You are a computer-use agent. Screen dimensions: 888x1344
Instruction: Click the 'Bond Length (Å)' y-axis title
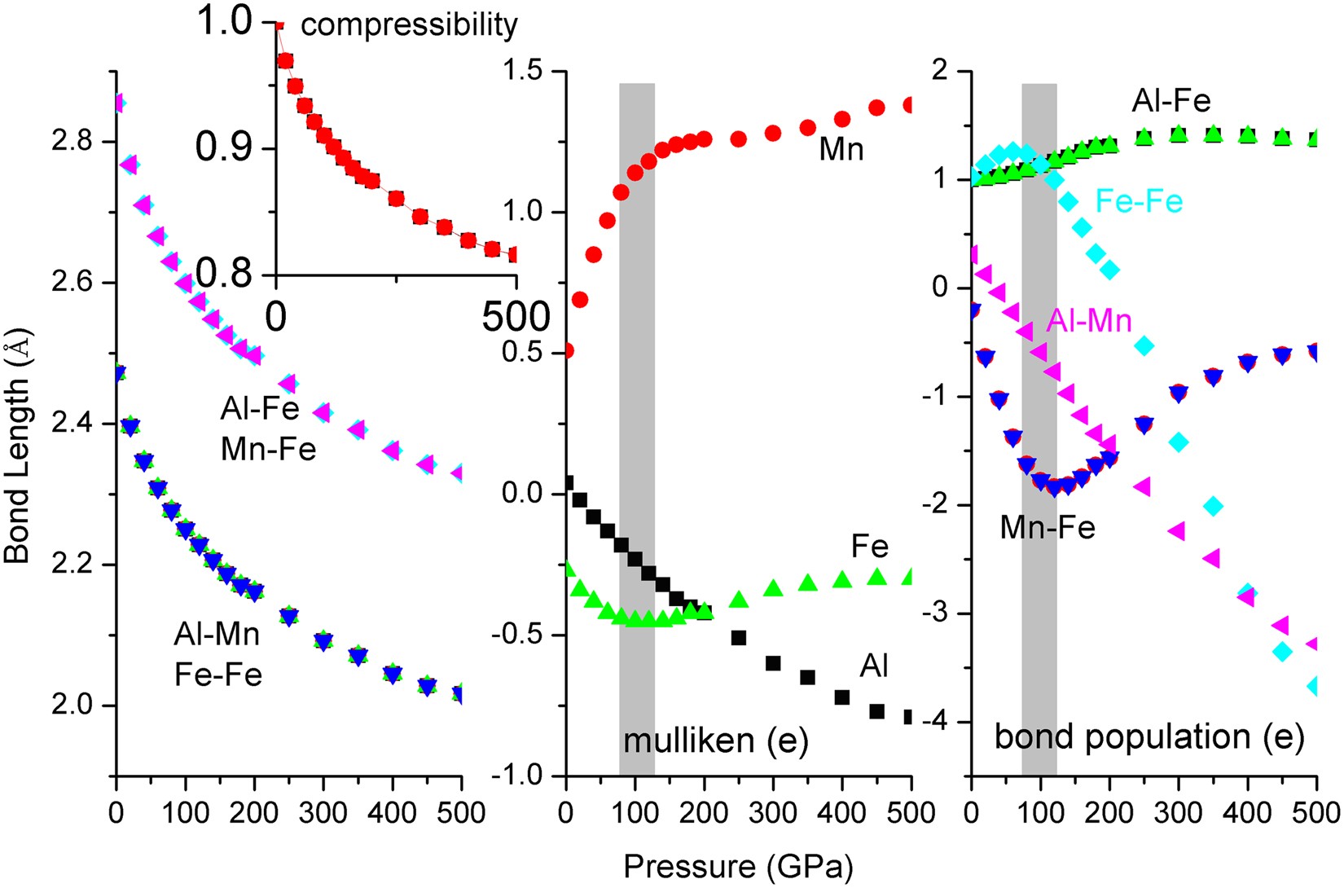pyautogui.click(x=18, y=453)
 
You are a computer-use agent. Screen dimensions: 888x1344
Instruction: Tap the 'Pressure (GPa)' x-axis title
pyautogui.click(x=738, y=868)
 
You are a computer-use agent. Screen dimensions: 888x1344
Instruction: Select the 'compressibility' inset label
pyautogui.click(x=409, y=25)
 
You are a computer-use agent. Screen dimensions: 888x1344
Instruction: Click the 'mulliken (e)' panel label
pyautogui.click(x=715, y=741)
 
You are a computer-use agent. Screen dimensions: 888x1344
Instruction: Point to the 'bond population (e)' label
pyautogui.click(x=1149, y=737)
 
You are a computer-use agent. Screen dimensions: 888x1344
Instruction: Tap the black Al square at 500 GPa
pyautogui.click(x=908, y=718)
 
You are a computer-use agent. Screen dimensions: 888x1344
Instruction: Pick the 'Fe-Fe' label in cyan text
pyautogui.click(x=1139, y=201)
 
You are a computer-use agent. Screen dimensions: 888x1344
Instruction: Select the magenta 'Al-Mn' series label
pyautogui.click(x=1089, y=321)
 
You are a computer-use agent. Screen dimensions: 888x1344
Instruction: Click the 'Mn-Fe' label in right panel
pyautogui.click(x=1048, y=528)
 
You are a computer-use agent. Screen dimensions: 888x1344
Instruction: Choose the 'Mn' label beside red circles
pyautogui.click(x=841, y=149)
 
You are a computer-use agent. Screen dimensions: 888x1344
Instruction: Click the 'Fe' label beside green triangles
pyautogui.click(x=869, y=546)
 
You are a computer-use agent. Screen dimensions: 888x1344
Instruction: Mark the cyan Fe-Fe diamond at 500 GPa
pyautogui.click(x=1313, y=687)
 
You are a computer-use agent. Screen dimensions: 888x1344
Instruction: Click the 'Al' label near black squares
pyautogui.click(x=874, y=666)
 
